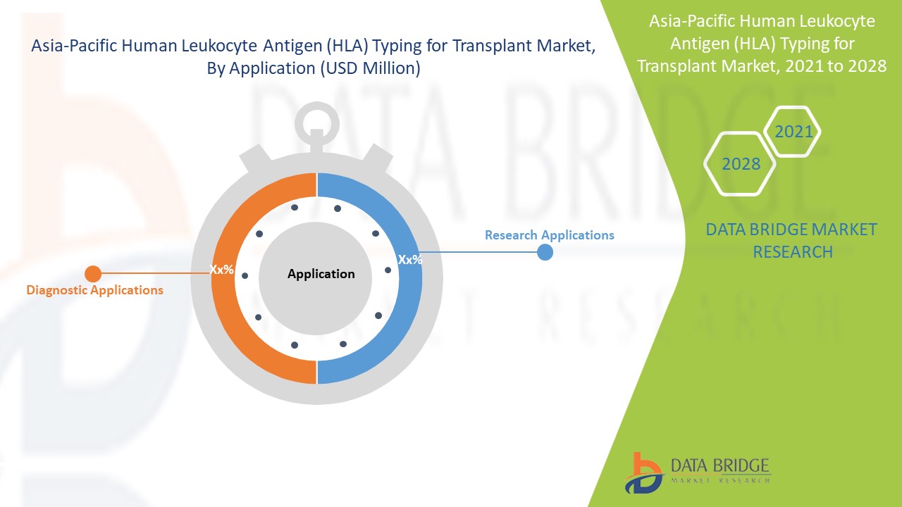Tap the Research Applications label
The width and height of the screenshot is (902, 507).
tap(549, 235)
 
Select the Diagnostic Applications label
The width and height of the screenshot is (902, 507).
tap(94, 290)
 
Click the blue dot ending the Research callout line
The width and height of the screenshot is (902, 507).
tap(545, 252)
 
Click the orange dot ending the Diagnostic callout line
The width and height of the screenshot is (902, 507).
tap(92, 274)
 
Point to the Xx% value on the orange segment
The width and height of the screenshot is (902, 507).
tap(221, 269)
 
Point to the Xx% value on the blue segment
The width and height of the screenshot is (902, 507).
tap(410, 259)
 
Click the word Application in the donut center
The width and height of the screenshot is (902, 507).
tap(321, 274)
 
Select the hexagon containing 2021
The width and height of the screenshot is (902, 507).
tap(793, 132)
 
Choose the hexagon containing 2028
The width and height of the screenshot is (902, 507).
tap(741, 164)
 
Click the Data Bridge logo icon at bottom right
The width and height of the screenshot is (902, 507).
tap(643, 472)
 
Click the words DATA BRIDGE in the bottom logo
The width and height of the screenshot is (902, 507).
tap(721, 465)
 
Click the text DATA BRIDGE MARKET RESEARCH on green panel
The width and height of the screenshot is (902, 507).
tap(792, 240)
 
